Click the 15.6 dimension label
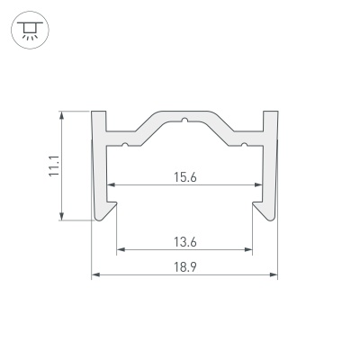click(x=185, y=177)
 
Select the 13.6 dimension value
click(x=185, y=242)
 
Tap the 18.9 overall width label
click(x=185, y=267)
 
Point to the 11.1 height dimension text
click(x=55, y=166)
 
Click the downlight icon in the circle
click(x=30, y=31)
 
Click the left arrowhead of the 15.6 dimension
click(x=111, y=184)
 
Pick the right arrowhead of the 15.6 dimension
click(x=258, y=184)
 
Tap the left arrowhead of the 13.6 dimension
click(x=121, y=249)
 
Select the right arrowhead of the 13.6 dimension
click(x=248, y=249)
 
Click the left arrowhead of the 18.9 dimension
click(x=95, y=274)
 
